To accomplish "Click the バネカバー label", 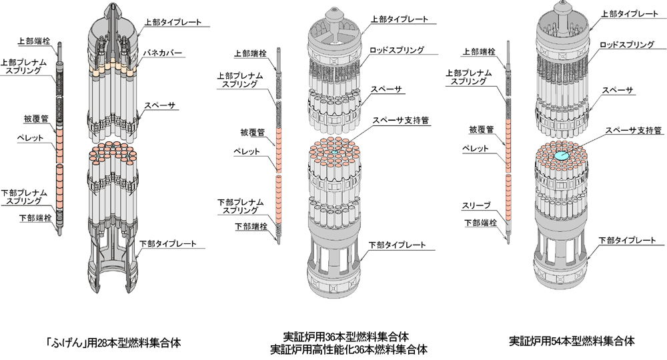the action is pyautogui.click(x=162, y=53).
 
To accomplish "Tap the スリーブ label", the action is pyautogui.click(x=476, y=206).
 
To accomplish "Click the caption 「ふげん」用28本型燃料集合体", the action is pyautogui.click(x=113, y=343).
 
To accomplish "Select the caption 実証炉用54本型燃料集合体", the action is pyautogui.click(x=572, y=341).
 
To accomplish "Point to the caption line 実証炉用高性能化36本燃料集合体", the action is pyautogui.click(x=349, y=350).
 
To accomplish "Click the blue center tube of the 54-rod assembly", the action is pyautogui.click(x=561, y=156).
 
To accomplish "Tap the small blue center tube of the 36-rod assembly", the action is pyautogui.click(x=334, y=152).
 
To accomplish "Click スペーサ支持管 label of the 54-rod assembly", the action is pyautogui.click(x=634, y=130).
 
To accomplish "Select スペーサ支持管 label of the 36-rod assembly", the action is pyautogui.click(x=401, y=120).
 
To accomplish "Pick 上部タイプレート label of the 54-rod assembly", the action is pyautogui.click(x=630, y=13).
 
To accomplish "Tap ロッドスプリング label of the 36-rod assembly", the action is pyautogui.click(x=396, y=50).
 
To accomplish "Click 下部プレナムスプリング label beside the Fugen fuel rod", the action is pyautogui.click(x=24, y=197).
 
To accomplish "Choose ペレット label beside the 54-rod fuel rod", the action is pyautogui.click(x=476, y=149).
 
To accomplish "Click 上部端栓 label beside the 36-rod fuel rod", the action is pyautogui.click(x=251, y=53).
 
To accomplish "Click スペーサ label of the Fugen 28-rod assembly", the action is pyautogui.click(x=160, y=105).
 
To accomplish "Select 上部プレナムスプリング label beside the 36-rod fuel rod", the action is pyautogui.click(x=240, y=80).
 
